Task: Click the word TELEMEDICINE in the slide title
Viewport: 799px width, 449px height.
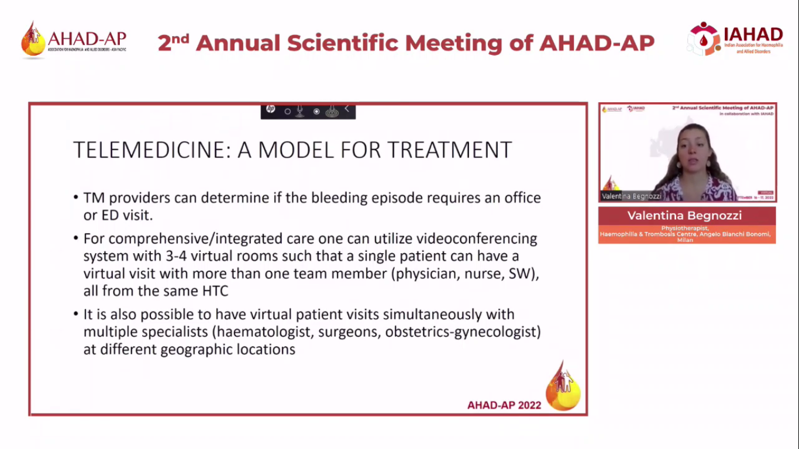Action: pyautogui.click(x=151, y=150)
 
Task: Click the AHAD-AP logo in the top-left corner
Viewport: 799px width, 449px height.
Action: pyautogui.click(x=74, y=40)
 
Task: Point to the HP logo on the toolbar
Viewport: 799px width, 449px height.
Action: pyautogui.click(x=270, y=109)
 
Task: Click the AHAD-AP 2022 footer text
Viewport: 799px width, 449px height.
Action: pyautogui.click(x=504, y=405)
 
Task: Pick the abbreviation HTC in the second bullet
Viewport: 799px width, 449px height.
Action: pyautogui.click(x=219, y=291)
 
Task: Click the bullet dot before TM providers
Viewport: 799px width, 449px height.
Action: pyautogui.click(x=76, y=198)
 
